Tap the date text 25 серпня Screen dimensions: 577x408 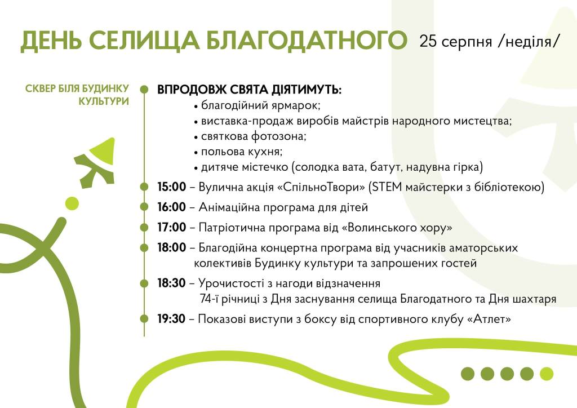pos(455,41)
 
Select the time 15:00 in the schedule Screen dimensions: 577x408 pos(171,187)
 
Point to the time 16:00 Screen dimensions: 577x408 pos(171,207)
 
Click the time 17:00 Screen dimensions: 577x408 pos(171,227)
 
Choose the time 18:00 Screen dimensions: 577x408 pos(171,247)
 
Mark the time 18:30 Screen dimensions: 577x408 pos(171,283)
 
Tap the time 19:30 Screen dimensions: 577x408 pos(171,318)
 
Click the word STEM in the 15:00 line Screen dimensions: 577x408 pos(387,187)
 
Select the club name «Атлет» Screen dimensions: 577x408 pos(489,318)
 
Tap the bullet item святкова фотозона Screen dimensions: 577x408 pos(254,136)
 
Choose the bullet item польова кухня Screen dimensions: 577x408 pos(241,152)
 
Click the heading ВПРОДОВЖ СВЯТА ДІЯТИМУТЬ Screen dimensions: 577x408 pos(249,90)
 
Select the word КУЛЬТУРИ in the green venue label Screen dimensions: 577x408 pos(104,101)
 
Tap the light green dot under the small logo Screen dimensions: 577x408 pos(72,203)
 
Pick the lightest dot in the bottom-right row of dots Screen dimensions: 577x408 pos(547,374)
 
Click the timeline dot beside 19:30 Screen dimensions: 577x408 pos(144,318)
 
